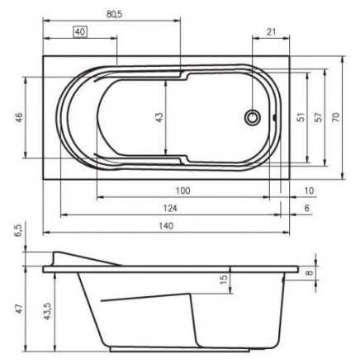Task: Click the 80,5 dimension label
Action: (x=114, y=14)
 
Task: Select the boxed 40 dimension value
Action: (x=80, y=32)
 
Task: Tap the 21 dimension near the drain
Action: (x=271, y=31)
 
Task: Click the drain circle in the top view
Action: (x=252, y=117)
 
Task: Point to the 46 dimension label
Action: (x=19, y=118)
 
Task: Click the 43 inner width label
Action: (x=159, y=117)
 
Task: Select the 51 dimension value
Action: (x=302, y=117)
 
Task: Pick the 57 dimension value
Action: (x=318, y=117)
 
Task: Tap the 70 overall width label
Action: (x=336, y=117)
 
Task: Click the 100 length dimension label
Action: (x=182, y=191)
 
